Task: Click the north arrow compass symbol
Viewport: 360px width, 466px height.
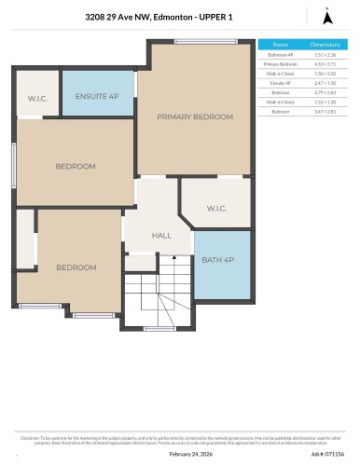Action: (x=326, y=15)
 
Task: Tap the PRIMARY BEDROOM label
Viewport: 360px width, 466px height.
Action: (x=194, y=116)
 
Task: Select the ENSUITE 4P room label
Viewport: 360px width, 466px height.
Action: (x=97, y=95)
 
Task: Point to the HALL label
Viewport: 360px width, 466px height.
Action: (x=161, y=236)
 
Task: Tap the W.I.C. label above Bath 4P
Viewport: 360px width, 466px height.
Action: (x=216, y=208)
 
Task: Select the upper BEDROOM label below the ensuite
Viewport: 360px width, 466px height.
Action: (x=75, y=166)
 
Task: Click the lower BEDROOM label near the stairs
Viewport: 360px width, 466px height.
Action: (x=76, y=267)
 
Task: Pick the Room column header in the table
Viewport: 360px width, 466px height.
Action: (x=280, y=44)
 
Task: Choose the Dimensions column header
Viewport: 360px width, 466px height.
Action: (x=324, y=44)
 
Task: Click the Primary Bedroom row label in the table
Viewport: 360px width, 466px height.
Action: (x=280, y=63)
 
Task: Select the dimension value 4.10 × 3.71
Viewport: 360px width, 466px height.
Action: (x=324, y=63)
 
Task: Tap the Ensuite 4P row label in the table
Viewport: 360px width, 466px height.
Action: (x=280, y=82)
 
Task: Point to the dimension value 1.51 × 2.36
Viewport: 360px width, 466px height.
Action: (x=324, y=54)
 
